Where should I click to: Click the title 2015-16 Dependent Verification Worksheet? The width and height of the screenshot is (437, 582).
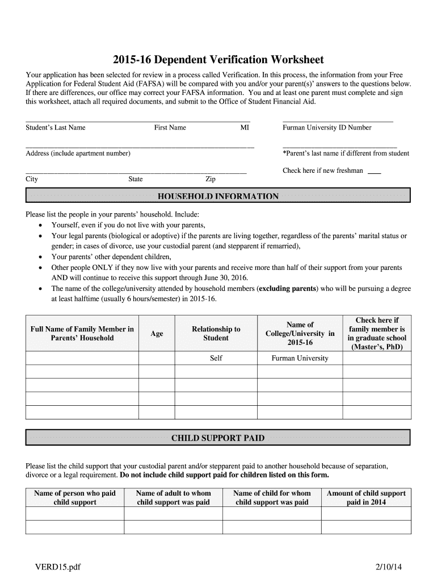click(218, 60)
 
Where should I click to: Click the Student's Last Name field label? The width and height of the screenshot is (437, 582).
click(56, 128)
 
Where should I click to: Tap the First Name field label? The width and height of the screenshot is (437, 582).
click(170, 128)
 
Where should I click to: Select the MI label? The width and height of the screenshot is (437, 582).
click(245, 128)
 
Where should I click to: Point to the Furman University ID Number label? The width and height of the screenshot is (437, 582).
click(327, 128)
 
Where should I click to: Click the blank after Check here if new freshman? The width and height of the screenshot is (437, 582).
click(374, 172)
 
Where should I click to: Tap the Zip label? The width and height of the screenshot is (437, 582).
click(211, 180)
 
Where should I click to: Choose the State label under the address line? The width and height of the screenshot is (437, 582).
click(136, 180)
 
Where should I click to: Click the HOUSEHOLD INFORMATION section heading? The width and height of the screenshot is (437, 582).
click(218, 197)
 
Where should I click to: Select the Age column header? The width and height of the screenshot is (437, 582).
click(157, 334)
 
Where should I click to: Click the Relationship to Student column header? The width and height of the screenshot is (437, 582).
click(216, 334)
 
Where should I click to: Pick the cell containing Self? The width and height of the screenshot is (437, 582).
click(216, 359)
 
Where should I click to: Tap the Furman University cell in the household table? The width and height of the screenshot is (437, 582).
click(300, 359)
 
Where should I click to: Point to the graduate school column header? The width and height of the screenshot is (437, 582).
click(377, 334)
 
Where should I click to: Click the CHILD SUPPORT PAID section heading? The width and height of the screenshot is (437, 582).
click(218, 438)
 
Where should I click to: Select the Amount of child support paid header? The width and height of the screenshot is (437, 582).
click(366, 498)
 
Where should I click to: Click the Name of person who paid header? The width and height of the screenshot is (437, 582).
click(75, 498)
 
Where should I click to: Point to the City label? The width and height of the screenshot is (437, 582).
click(32, 180)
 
